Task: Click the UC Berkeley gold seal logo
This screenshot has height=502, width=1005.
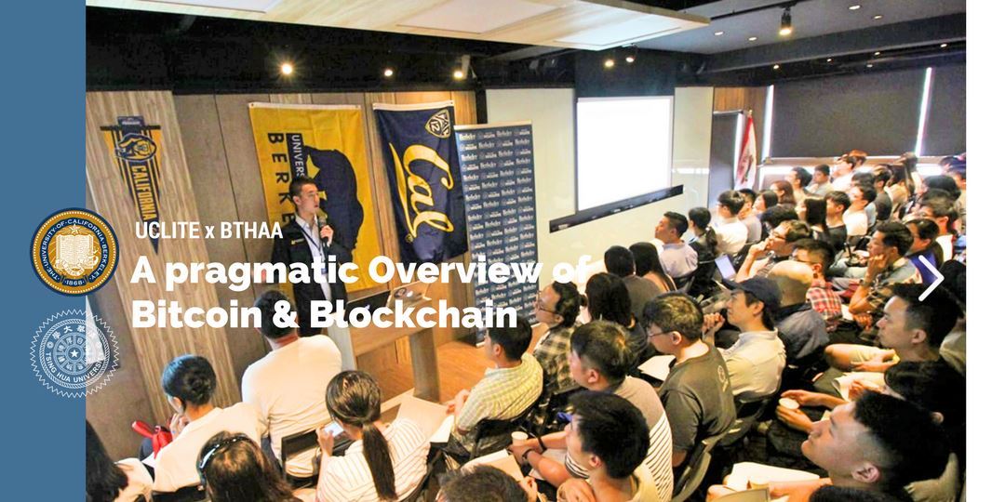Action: click(74, 251)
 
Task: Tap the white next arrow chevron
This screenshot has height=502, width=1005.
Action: click(930, 278)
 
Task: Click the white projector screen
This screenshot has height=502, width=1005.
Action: click(623, 152)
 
